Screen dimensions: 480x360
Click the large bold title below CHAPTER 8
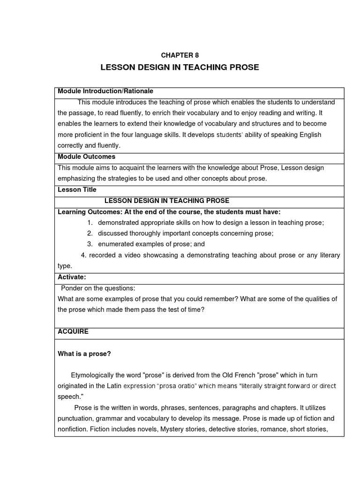tap(180, 67)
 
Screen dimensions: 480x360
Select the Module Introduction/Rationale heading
tap(105, 91)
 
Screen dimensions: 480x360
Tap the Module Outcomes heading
tap(86, 157)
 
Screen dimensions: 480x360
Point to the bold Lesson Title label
tap(77, 190)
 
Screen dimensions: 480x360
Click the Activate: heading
tap(72, 277)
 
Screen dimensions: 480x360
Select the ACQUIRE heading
tap(73, 331)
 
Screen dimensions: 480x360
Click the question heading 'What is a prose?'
tap(84, 353)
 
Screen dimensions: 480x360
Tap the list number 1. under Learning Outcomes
tap(90, 223)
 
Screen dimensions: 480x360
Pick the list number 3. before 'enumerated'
tap(90, 244)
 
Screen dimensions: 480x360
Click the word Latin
tap(122, 386)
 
